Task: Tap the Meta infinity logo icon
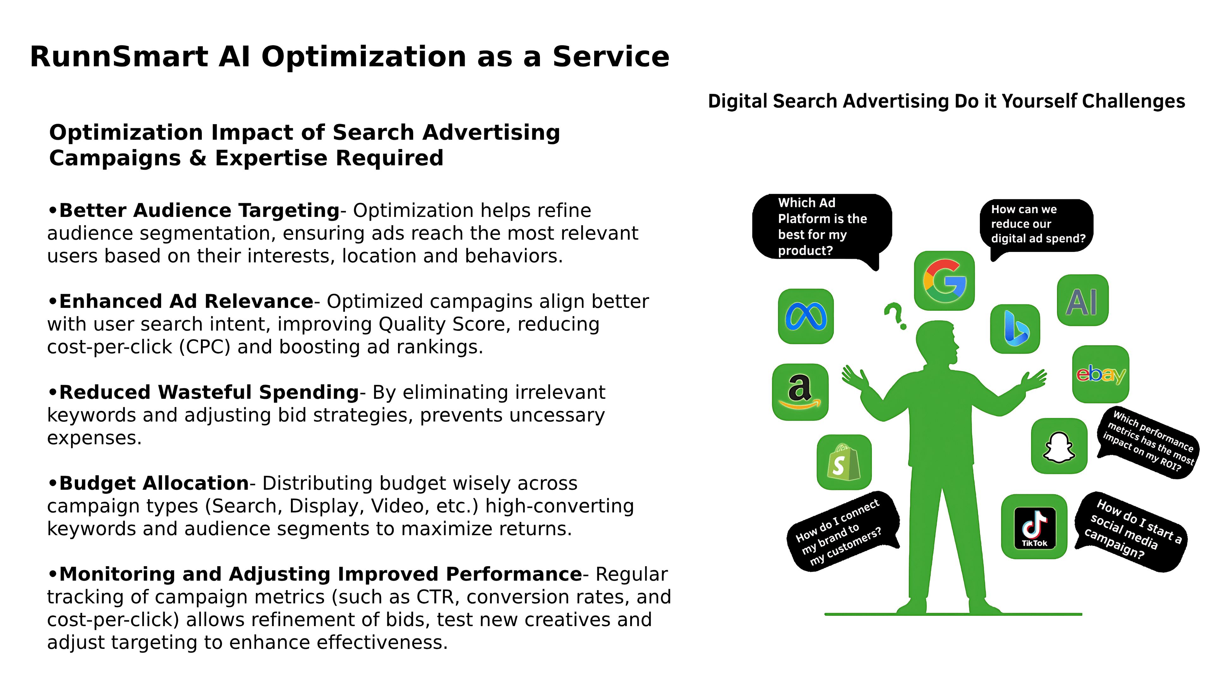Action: point(806,316)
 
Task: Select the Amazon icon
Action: point(800,392)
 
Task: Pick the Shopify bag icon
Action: point(844,462)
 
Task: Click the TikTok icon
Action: point(1034,527)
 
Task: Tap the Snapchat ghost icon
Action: point(1059,446)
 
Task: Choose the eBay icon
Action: point(1101,374)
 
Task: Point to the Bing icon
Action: point(1015,328)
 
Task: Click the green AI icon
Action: point(1083,300)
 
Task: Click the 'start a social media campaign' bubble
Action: point(1131,532)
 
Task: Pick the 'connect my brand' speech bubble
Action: point(842,531)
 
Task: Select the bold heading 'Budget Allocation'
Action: point(154,483)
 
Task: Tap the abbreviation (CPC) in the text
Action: point(205,347)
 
